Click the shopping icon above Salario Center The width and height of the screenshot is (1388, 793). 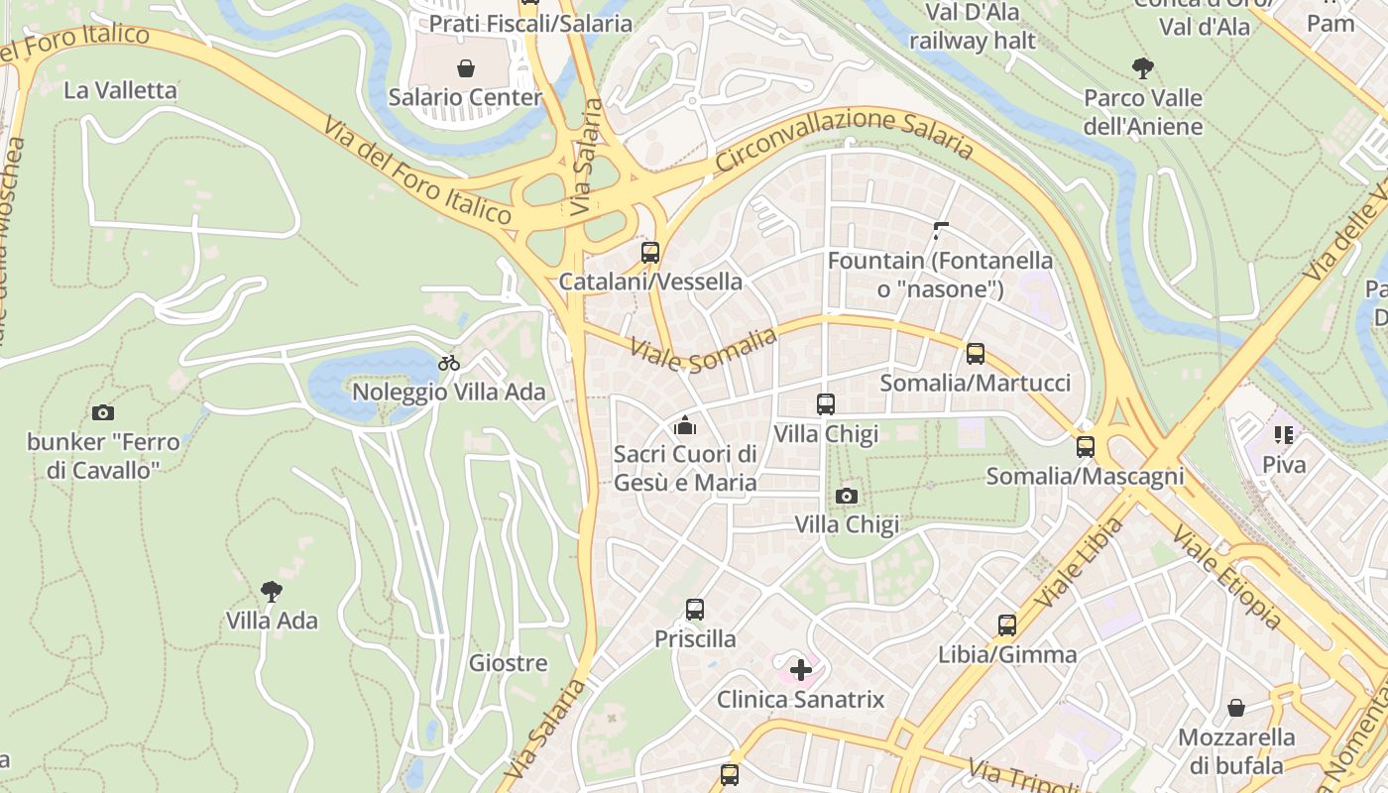[465, 68]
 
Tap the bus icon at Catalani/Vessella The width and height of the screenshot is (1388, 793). [650, 252]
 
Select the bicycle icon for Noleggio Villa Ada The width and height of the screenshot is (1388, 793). [449, 363]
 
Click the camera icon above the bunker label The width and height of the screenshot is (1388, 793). [102, 412]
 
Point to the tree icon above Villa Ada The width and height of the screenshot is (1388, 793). [271, 592]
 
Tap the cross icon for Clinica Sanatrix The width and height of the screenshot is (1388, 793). [800, 670]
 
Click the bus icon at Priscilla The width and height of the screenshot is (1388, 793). [695, 610]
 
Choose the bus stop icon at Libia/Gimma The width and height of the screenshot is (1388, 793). [1007, 625]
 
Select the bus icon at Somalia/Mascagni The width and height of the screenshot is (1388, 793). [1086, 447]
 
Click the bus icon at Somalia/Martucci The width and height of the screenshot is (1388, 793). [976, 354]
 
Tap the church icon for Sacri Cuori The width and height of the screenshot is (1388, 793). [684, 426]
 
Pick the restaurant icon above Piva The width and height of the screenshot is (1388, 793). [1284, 435]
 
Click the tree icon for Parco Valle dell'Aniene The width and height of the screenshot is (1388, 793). [1143, 68]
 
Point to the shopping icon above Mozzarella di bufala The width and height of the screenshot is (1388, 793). [1236, 708]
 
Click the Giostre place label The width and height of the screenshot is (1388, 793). [508, 663]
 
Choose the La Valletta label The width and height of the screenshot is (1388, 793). [120, 90]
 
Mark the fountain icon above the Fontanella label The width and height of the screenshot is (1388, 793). [941, 231]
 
